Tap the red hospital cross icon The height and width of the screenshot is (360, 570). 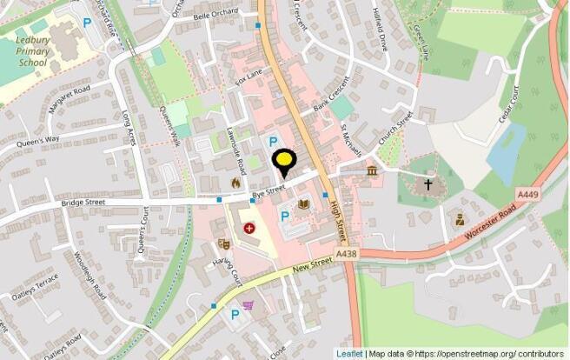pyautogui.click(x=250, y=229)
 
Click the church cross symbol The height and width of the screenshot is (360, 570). pyautogui.click(x=427, y=184)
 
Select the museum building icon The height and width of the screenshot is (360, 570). pyautogui.click(x=372, y=170)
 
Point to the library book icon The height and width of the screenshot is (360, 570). pyautogui.click(x=303, y=204)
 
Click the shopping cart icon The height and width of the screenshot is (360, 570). pyautogui.click(x=249, y=306)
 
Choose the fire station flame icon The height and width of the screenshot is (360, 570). pyautogui.click(x=235, y=183)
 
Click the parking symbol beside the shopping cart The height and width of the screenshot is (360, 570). pyautogui.click(x=233, y=315)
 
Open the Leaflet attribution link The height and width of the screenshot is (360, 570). pyautogui.click(x=350, y=354)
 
